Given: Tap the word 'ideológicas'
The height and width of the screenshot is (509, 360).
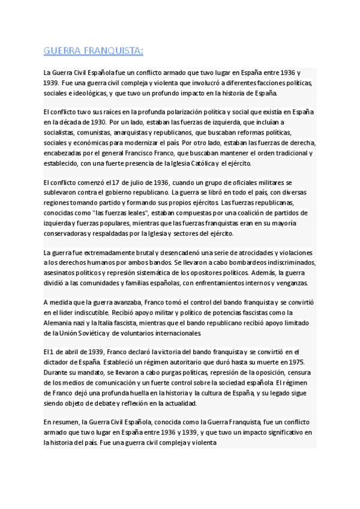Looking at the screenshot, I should (x=89, y=94).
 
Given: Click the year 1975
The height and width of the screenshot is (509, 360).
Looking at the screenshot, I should (x=296, y=362).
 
